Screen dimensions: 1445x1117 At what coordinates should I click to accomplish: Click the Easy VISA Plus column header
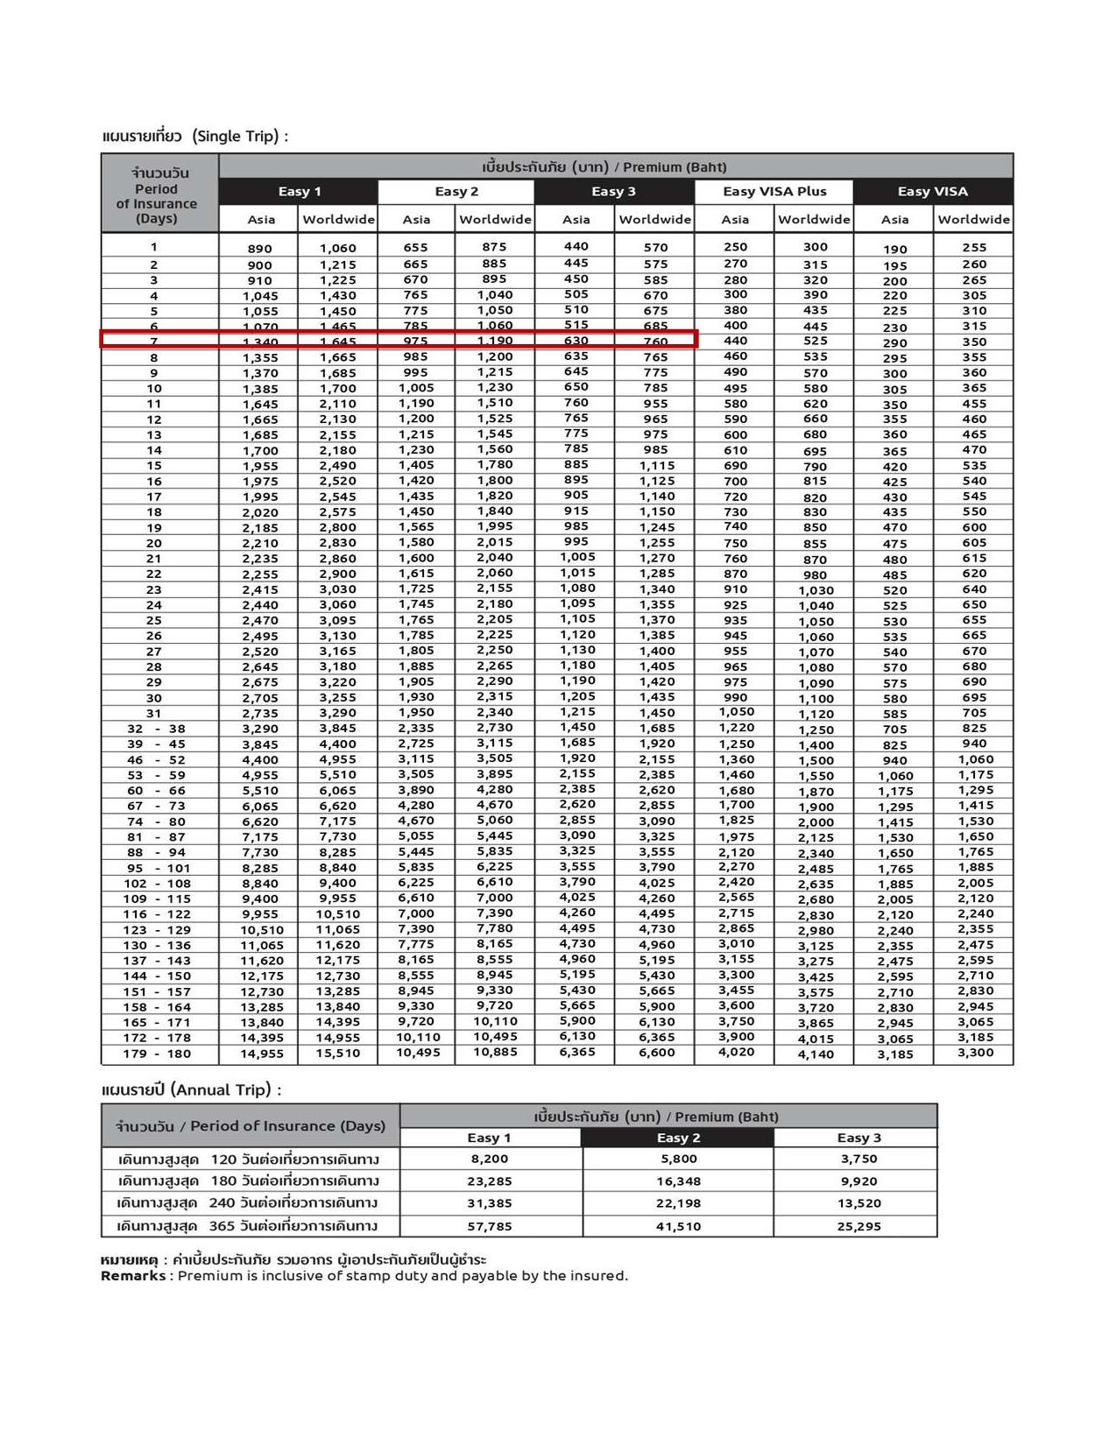click(774, 191)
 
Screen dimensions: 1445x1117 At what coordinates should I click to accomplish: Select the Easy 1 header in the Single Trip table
click(299, 191)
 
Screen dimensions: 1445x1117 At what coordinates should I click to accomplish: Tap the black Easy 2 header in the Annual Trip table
click(678, 1138)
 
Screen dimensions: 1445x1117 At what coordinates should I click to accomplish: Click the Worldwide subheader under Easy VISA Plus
click(814, 219)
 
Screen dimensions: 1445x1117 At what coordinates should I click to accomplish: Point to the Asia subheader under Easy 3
click(576, 219)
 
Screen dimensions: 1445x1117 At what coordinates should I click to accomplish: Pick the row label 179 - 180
click(158, 1054)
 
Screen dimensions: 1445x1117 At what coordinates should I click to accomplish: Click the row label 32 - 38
click(156, 729)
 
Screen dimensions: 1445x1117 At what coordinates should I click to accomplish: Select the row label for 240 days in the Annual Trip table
click(248, 1203)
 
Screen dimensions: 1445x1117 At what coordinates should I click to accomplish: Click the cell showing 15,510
click(337, 1054)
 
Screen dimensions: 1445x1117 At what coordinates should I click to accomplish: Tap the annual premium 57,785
click(489, 1226)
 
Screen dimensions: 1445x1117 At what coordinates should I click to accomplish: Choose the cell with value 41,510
click(678, 1226)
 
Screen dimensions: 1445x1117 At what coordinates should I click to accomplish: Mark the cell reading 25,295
click(858, 1226)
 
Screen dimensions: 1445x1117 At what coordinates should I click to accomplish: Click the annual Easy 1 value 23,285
click(489, 1181)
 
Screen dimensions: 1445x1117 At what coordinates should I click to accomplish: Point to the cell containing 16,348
click(678, 1181)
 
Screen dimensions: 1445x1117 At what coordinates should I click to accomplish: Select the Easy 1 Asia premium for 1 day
click(259, 249)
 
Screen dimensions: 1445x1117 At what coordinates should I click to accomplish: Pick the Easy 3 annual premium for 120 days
click(858, 1159)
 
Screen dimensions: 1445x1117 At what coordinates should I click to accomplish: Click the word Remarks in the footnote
click(133, 1276)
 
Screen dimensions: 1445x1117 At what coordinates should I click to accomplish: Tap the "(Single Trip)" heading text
click(239, 136)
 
